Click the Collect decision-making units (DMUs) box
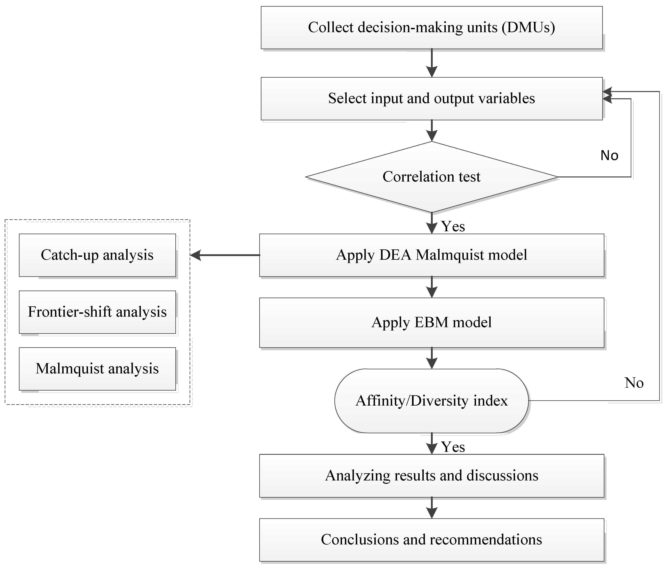tap(431, 28)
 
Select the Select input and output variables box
tap(431, 98)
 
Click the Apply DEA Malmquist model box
tap(431, 255)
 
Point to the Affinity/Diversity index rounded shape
tap(431, 401)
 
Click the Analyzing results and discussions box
tap(431, 476)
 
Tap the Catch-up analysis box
tap(97, 255)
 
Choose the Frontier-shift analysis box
tap(97, 312)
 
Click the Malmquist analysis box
tap(97, 369)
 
